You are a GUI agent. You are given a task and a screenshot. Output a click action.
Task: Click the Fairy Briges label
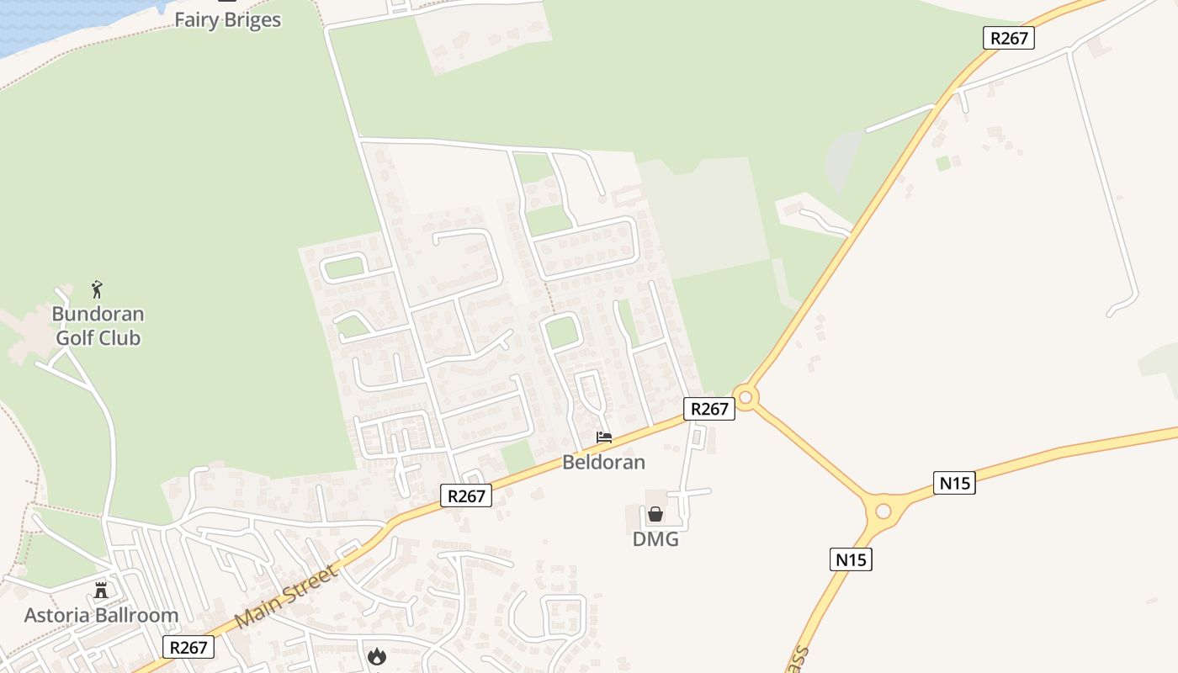click(227, 19)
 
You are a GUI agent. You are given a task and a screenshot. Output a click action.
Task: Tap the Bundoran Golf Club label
click(98, 326)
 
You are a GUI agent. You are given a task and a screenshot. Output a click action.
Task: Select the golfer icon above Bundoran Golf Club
click(98, 290)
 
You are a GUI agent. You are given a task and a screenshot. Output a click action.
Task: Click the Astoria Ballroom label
click(101, 615)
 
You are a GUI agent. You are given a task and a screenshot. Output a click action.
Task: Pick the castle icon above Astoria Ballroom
click(101, 590)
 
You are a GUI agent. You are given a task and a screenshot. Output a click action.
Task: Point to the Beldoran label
click(603, 462)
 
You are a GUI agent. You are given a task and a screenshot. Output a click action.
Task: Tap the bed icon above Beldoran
click(603, 437)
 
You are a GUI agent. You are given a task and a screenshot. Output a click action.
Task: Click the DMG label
click(655, 539)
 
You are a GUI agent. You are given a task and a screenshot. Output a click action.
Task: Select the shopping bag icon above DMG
click(655, 514)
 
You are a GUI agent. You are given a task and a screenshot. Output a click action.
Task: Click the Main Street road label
click(286, 596)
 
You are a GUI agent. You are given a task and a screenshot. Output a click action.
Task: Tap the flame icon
click(376, 654)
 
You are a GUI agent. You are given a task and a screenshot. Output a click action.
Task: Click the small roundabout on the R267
click(746, 397)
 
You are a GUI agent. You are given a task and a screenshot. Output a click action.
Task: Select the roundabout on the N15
click(883, 511)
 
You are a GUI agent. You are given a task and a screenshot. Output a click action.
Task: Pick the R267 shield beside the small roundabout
click(708, 409)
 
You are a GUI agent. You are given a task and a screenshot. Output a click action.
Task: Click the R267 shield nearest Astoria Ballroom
click(188, 647)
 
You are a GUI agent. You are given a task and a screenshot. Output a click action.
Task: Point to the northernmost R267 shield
click(1008, 38)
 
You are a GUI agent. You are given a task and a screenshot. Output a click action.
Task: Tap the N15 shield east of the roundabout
click(954, 483)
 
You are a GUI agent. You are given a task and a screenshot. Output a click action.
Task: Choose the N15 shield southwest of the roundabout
click(850, 559)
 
